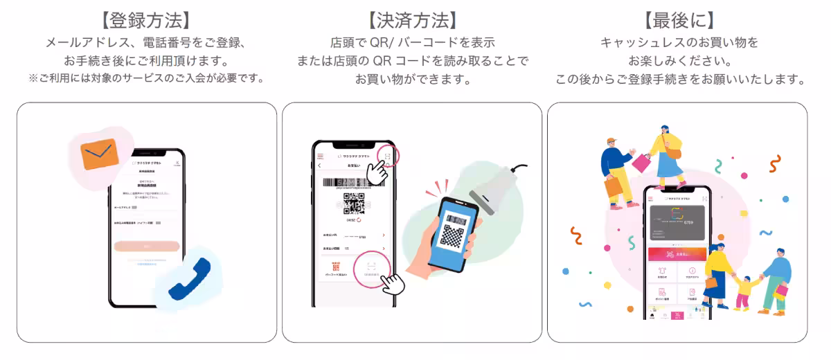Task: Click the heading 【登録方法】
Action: click(x=146, y=20)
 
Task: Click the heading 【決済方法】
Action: click(x=412, y=20)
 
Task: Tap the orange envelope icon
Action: click(x=100, y=153)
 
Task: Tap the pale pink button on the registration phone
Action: click(x=147, y=246)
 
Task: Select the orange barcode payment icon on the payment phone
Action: click(x=336, y=267)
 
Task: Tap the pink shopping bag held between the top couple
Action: click(x=642, y=163)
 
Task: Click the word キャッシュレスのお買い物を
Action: click(x=679, y=43)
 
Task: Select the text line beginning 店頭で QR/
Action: click(x=412, y=43)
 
